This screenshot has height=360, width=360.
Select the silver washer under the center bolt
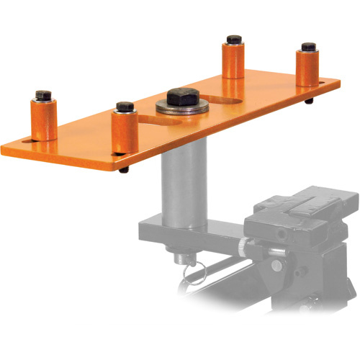pos(182,109)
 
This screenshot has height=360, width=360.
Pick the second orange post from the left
pos(124,133)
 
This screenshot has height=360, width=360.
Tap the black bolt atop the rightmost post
pos(309,48)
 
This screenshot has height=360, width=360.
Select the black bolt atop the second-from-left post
pos(125,108)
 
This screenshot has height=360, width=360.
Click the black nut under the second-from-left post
pos(125,170)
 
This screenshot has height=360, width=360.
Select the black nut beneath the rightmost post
pos(309,102)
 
